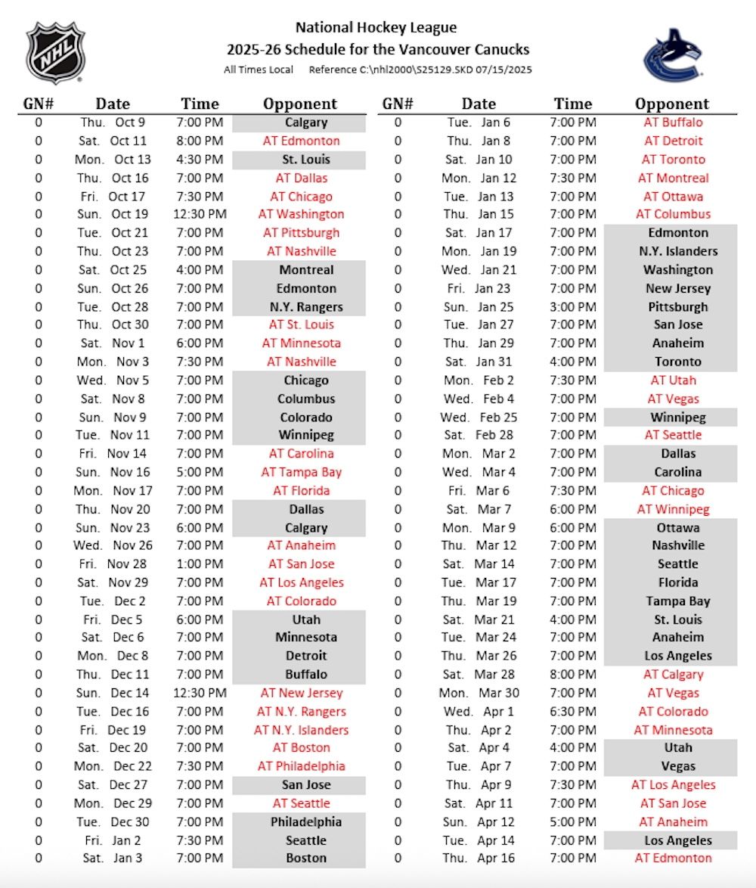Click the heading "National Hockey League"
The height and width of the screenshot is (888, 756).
pos(376,28)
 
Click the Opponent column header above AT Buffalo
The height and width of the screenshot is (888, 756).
pos(671,104)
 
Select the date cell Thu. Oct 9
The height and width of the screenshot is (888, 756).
pos(113,123)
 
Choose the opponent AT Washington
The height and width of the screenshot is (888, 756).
pos(301,214)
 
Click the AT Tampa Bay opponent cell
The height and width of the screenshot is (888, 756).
pos(301,472)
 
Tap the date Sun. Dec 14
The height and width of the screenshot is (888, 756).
pos(113,693)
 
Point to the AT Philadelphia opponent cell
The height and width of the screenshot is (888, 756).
pos(301,766)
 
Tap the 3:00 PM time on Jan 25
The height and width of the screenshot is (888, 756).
pos(572,306)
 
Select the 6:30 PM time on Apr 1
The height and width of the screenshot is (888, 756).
pos(572,711)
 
